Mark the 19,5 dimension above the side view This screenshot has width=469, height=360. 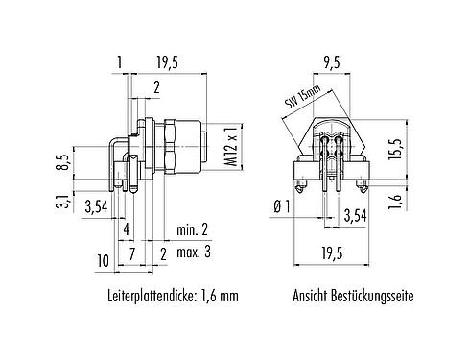[167, 62]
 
